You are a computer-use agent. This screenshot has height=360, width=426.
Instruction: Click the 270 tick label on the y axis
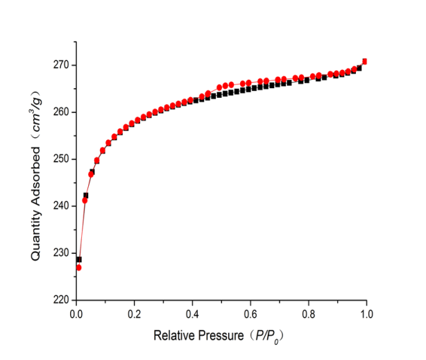60,65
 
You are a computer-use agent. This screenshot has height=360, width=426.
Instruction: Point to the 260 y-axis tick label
60,112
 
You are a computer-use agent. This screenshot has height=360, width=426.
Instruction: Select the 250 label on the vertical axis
60,159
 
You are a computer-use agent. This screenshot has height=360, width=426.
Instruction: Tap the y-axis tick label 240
60,206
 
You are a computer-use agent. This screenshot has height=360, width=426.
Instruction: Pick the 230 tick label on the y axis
60,253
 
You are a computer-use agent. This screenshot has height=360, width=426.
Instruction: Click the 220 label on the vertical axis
60,300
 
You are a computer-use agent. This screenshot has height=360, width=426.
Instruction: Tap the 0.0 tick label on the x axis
76,314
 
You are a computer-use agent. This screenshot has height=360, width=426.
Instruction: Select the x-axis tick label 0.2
134,314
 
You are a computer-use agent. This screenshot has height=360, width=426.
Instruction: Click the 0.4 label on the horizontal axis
192,314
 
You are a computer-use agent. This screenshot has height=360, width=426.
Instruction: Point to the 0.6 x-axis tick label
250,314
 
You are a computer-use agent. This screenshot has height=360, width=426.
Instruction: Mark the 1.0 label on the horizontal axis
366,314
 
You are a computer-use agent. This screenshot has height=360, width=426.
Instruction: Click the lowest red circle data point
78,268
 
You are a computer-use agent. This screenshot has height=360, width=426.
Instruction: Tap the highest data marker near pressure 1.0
365,61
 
